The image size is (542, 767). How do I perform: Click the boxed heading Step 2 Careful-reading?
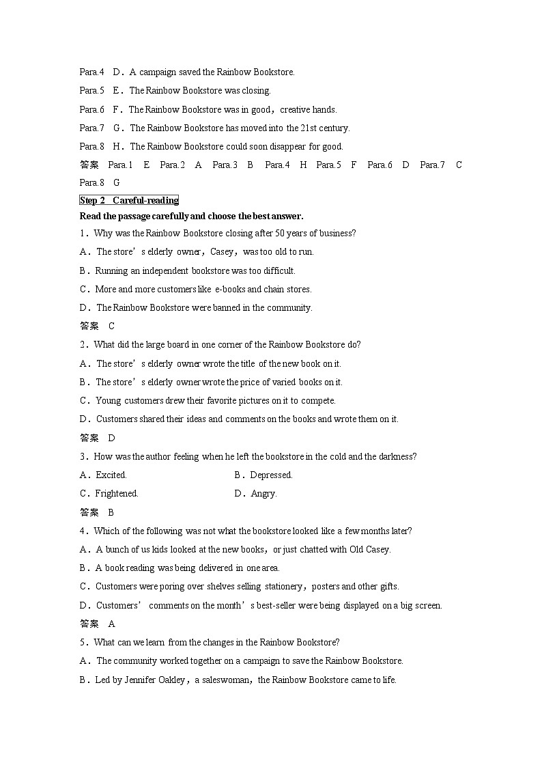129,200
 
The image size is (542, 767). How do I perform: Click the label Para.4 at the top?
91,72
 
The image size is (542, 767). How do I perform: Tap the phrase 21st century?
326,128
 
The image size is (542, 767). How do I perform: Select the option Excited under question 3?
111,475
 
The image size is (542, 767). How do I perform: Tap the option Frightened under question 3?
117,493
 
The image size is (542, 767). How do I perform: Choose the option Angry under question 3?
263,493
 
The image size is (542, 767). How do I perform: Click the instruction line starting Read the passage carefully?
191,216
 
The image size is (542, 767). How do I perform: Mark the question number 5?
83,642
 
